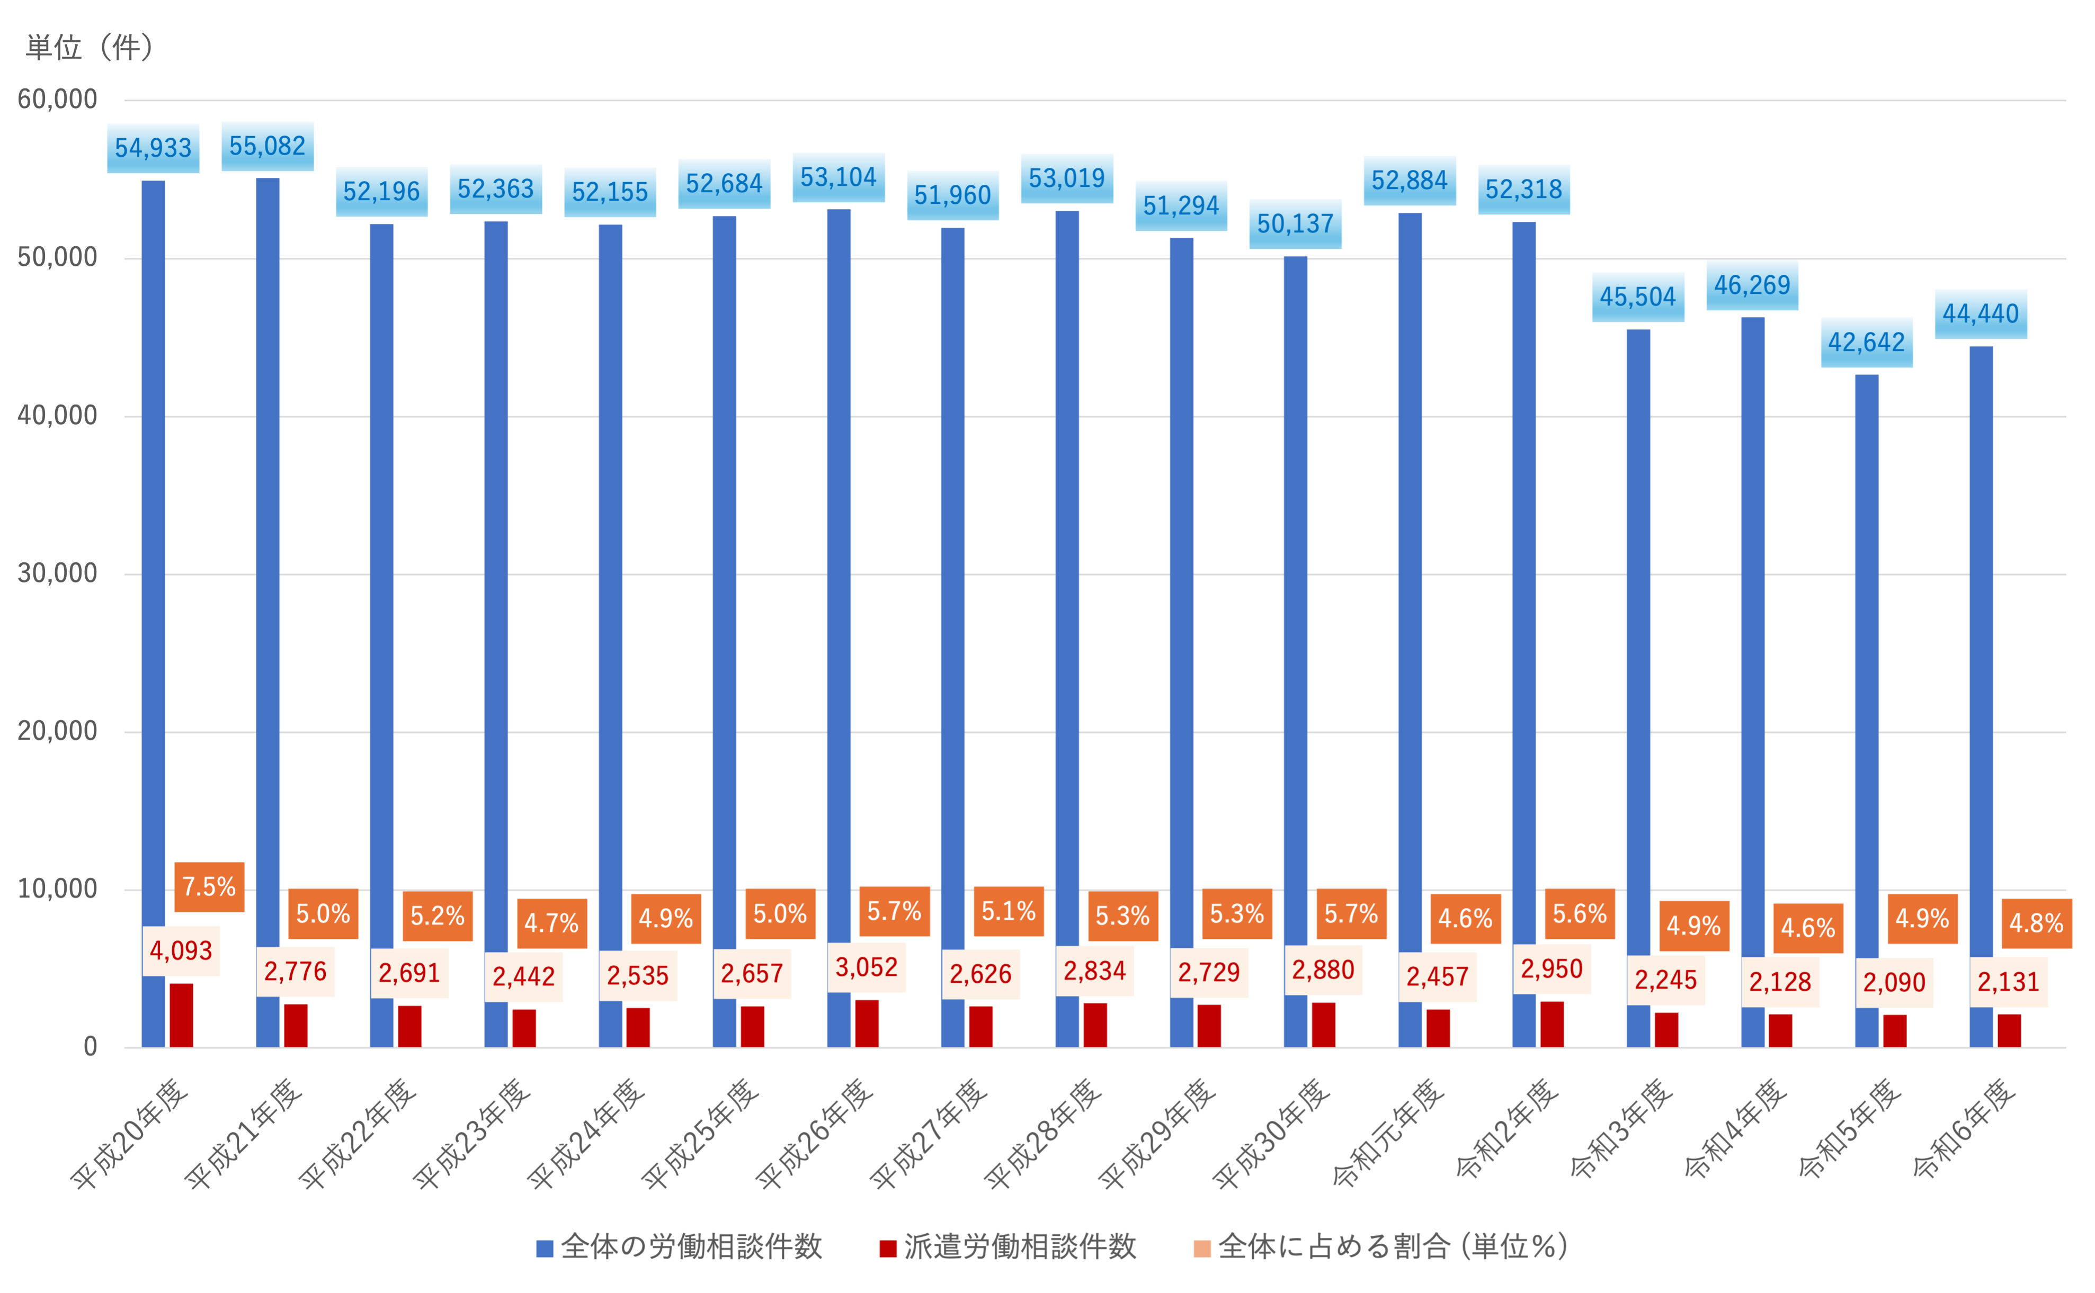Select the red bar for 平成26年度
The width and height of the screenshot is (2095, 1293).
point(867,1023)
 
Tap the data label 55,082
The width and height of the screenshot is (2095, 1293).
point(268,146)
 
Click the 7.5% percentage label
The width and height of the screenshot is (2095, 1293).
point(209,887)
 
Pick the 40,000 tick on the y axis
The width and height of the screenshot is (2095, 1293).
point(57,416)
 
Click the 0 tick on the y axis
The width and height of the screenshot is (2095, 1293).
point(90,1047)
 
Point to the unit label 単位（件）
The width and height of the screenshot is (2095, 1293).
point(90,47)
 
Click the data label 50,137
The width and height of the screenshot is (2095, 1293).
point(1295,224)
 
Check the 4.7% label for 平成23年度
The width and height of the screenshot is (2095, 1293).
point(552,923)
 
